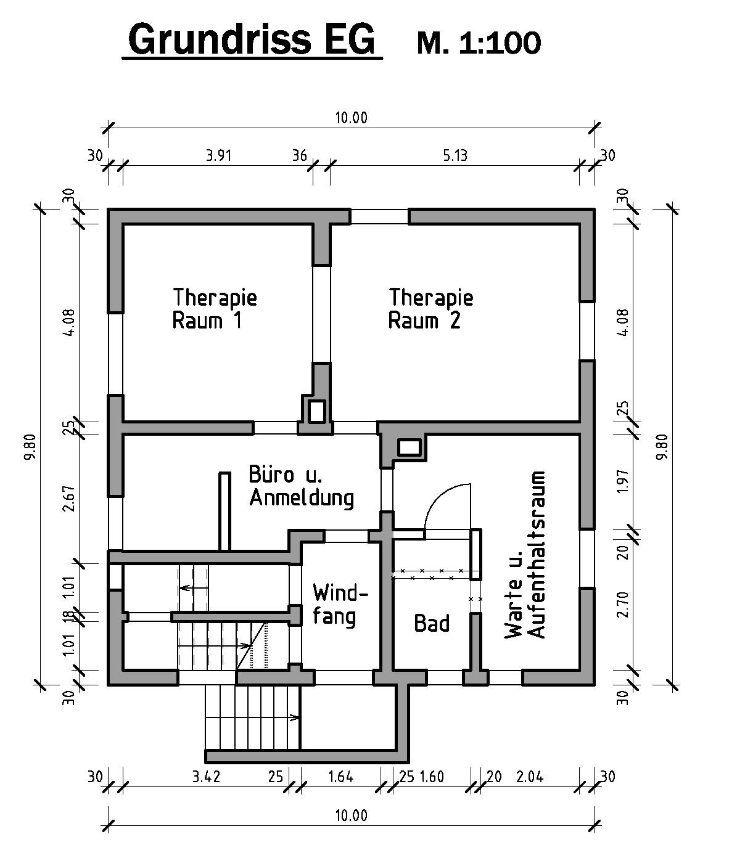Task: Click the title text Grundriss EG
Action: pyautogui.click(x=252, y=39)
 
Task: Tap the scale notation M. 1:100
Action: pyautogui.click(x=479, y=43)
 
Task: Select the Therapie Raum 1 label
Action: pyautogui.click(x=215, y=309)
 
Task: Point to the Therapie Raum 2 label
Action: pyautogui.click(x=430, y=309)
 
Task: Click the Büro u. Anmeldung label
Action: pyautogui.click(x=302, y=486)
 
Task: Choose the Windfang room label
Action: pyautogui.click(x=340, y=605)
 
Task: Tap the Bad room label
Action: pyautogui.click(x=432, y=623)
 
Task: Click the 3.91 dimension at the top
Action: pyautogui.click(x=218, y=155)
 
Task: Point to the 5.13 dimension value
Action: pyautogui.click(x=455, y=155)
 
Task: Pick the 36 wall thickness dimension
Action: pyautogui.click(x=299, y=155)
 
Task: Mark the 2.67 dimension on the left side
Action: pyautogui.click(x=70, y=498)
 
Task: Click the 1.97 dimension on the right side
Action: pyautogui.click(x=622, y=481)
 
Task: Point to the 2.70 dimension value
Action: pyautogui.click(x=622, y=605)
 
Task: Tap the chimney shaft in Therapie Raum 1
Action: pyautogui.click(x=317, y=411)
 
